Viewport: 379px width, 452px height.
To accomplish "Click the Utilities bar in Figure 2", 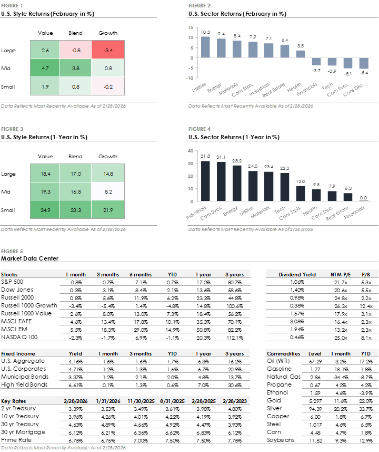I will (205, 47).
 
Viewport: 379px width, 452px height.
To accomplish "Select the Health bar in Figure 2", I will (301, 54).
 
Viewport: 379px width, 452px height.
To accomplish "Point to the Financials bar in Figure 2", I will (316, 61).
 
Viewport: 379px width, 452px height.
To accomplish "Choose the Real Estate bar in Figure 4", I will (348, 197).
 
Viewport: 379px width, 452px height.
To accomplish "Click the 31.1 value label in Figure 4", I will (221, 157).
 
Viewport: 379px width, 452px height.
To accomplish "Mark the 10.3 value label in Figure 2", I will (205, 32).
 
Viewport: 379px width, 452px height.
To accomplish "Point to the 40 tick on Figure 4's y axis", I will (191, 151).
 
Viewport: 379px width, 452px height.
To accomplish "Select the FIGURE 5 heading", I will (12, 252).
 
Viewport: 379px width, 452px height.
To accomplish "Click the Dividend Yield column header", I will (297, 275).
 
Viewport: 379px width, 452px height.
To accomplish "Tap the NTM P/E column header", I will (340, 275).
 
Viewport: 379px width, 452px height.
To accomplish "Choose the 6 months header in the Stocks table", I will (141, 275).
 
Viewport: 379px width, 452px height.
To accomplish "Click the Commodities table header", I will (284, 354).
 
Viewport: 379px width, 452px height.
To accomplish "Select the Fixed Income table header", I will (18, 354).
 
